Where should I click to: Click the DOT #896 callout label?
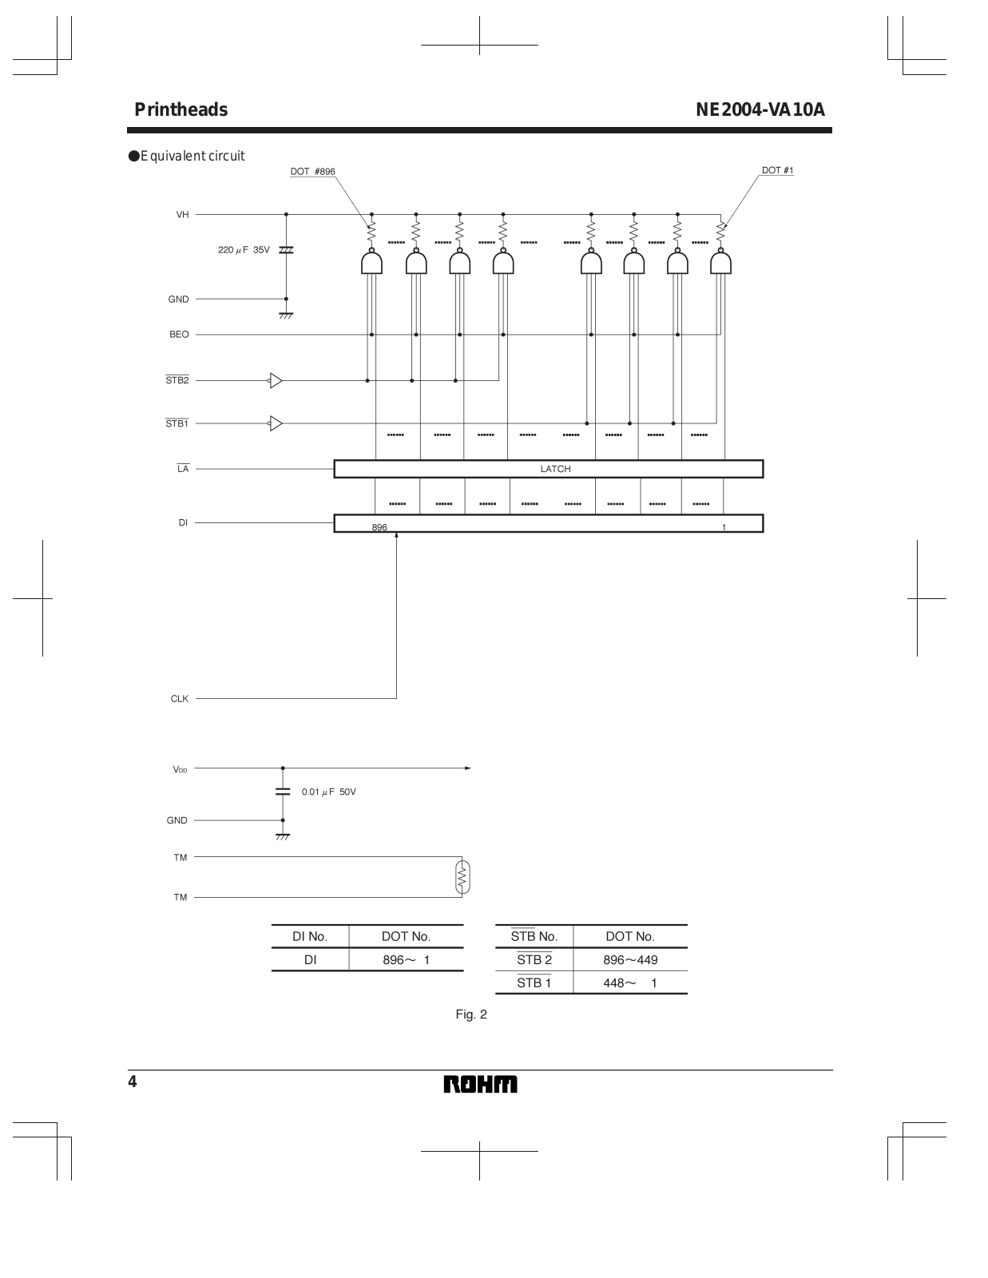312,172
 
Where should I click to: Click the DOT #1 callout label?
777,171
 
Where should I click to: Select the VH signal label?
182,215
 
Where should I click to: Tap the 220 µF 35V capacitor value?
244,250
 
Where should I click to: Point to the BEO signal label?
179,335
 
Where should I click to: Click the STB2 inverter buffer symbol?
275,381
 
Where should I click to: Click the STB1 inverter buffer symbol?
275,423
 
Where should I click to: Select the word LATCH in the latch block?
555,469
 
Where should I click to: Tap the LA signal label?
183,469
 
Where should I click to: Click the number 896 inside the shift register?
379,527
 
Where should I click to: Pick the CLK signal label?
179,699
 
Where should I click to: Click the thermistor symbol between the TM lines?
462,878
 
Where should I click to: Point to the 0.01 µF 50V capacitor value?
328,792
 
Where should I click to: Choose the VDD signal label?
180,769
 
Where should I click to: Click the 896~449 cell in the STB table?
630,960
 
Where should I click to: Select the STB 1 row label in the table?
534,983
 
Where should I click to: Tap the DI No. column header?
310,936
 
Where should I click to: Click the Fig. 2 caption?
471,1015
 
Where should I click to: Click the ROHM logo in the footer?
480,1084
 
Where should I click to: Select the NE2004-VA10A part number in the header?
760,110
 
